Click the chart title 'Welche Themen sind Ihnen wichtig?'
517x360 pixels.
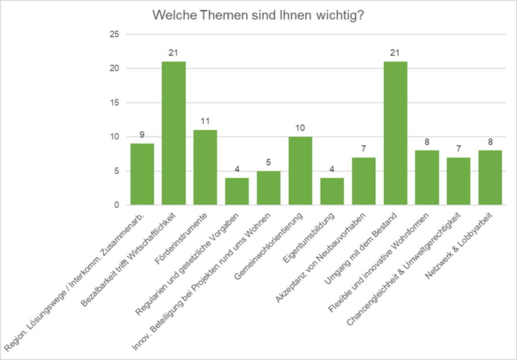coord(258,15)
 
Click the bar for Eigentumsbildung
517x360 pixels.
coord(332,192)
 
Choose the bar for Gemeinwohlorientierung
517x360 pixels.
coord(300,171)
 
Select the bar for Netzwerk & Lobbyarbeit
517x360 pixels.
coord(490,178)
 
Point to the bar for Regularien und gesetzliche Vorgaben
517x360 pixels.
coord(237,192)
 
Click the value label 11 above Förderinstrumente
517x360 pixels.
coord(205,121)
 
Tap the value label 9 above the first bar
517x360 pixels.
coord(142,135)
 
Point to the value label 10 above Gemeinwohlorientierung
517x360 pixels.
coord(300,128)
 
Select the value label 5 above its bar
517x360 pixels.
coord(269,162)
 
